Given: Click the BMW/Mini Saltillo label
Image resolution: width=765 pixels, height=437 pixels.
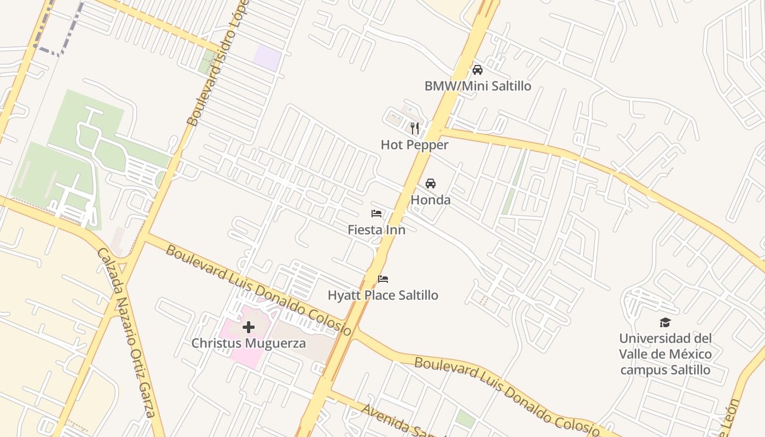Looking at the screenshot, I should click(478, 86).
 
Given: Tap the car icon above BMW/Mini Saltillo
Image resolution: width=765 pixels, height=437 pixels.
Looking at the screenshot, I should click(478, 70).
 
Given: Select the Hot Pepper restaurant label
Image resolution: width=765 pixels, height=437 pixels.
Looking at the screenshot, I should click(414, 145).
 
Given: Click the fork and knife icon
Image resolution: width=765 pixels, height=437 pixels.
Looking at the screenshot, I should click(415, 128).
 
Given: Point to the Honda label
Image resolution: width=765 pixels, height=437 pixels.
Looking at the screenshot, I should click(431, 200).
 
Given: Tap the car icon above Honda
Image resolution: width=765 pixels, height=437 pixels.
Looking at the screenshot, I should click(431, 184).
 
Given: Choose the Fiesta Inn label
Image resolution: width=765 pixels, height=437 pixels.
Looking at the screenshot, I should click(376, 230).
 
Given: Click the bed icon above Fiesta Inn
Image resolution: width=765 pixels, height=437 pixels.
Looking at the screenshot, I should click(376, 214).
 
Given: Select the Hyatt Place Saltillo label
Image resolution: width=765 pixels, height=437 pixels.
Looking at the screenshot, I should click(382, 296).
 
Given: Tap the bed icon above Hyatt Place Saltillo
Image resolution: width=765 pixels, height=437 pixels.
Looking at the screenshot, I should click(383, 279).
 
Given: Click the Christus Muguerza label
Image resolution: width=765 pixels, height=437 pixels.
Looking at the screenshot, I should click(248, 344).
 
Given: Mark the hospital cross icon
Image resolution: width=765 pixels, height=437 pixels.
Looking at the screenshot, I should click(249, 327).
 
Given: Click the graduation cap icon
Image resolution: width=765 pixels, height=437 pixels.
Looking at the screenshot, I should click(665, 322).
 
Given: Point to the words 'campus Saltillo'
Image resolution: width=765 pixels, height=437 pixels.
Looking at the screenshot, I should click(665, 370).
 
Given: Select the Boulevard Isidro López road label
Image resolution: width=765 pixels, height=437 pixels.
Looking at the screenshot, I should click(217, 63).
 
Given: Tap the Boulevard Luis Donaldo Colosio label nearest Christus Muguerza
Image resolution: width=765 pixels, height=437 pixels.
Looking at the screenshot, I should click(259, 290).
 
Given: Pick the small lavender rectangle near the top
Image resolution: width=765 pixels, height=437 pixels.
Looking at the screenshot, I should click(268, 57).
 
